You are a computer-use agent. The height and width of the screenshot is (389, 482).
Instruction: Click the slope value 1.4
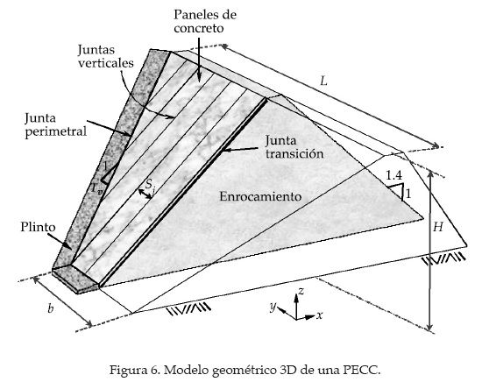[x=393, y=176]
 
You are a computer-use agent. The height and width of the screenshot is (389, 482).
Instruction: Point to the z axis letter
[x=301, y=289]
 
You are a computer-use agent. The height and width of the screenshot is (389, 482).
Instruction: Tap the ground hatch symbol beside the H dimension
[x=441, y=259]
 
